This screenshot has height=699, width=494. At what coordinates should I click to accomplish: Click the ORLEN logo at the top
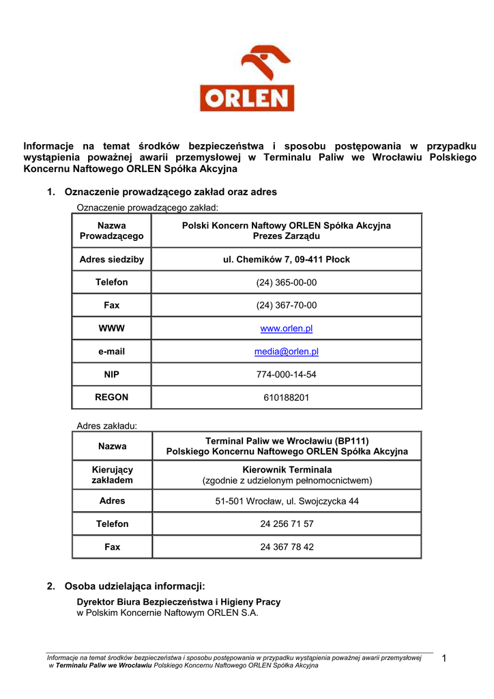coord(246,79)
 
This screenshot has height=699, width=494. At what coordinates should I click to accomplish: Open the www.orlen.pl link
coord(286,328)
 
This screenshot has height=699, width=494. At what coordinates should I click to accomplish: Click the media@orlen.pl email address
coord(286,352)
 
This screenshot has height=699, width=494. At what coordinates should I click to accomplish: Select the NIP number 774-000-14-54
coord(286,375)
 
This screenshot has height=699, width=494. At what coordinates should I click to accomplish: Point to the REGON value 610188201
coord(286,397)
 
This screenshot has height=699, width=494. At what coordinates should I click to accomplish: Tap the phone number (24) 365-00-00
coord(286,282)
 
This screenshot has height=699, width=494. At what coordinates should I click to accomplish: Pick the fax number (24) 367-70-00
coord(286,305)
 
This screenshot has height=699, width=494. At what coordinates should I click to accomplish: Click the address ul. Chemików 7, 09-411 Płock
coord(286,259)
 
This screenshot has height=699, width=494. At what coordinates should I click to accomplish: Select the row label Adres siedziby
coord(112,259)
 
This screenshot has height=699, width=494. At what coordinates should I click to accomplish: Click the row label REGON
coord(112,397)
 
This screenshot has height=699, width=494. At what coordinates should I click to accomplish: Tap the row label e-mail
coord(112,352)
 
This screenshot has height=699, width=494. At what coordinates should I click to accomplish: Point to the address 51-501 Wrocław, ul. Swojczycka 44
coord(287,501)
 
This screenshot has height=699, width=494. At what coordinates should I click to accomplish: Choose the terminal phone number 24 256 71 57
coord(287,524)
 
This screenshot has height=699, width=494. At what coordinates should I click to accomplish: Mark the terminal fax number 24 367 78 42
coord(287,547)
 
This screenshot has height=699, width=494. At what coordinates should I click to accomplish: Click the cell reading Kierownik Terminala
coord(287,470)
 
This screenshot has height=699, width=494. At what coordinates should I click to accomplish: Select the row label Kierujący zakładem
coord(112,474)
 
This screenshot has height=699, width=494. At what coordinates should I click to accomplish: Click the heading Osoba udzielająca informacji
coord(134,586)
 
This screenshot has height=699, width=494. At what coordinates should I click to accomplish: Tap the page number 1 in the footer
coord(444,658)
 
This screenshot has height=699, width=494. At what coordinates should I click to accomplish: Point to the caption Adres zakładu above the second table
coord(106,426)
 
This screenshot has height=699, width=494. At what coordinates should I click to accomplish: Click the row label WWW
coord(112,328)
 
